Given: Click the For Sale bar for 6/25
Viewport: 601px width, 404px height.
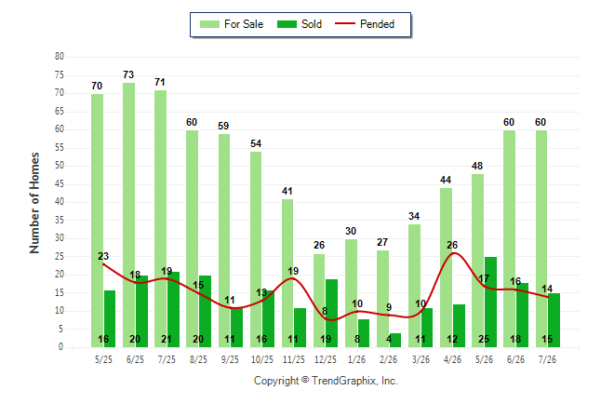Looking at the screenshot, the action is click(128, 215).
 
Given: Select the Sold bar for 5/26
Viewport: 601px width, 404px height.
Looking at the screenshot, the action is click(490, 302).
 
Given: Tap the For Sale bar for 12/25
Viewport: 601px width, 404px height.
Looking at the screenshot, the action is click(319, 301).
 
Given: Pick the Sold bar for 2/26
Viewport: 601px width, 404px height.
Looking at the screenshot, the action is click(395, 340).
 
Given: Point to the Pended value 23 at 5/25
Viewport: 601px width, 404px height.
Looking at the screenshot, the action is click(103, 256).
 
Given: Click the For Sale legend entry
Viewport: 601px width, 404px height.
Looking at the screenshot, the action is click(232, 24).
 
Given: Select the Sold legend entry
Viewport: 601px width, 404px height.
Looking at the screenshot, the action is click(300, 24).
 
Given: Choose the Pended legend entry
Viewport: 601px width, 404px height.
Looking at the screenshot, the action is click(365, 24).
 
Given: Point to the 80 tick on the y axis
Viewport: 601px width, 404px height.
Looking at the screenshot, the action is click(60, 57).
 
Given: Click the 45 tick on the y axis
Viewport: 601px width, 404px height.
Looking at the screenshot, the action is click(60, 183).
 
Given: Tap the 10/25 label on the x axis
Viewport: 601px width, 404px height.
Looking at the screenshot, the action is click(262, 359).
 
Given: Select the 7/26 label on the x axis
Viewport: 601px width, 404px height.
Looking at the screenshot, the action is click(547, 359).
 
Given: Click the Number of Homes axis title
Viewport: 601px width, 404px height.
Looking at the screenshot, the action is click(34, 203).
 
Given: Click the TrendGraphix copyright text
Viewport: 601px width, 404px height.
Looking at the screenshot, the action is click(326, 381).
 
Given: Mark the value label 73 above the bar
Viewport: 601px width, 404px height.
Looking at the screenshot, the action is click(128, 74).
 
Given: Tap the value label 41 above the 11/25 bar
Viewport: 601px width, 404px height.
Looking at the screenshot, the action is click(287, 191).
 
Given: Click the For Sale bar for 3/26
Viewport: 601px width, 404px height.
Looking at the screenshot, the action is click(414, 286).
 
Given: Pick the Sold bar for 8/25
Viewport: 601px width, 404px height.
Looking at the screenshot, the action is click(205, 311).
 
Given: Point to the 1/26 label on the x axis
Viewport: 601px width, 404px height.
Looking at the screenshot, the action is click(356, 359).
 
